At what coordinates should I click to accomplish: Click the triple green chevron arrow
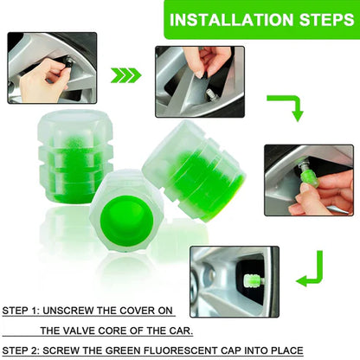click(126, 75)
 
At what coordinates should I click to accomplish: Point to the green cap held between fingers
click(309, 183)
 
